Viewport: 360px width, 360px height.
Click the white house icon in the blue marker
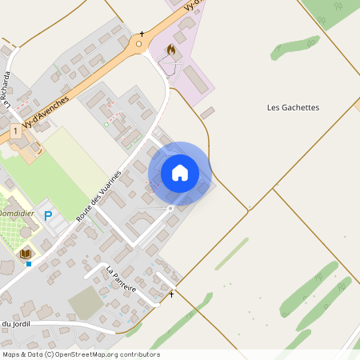tap(179, 173)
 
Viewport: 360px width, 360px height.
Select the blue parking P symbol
tap(48, 215)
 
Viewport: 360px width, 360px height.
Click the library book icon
tap(26, 254)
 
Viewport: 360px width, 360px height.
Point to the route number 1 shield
tap(15, 130)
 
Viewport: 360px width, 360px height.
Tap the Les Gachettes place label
tap(293, 107)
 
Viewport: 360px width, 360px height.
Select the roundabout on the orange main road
tap(139, 43)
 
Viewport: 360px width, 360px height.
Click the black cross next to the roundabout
tap(142, 34)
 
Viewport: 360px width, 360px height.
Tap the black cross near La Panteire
tap(171, 294)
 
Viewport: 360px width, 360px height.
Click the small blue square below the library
tap(29, 264)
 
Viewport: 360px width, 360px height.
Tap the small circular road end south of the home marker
tap(170, 208)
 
